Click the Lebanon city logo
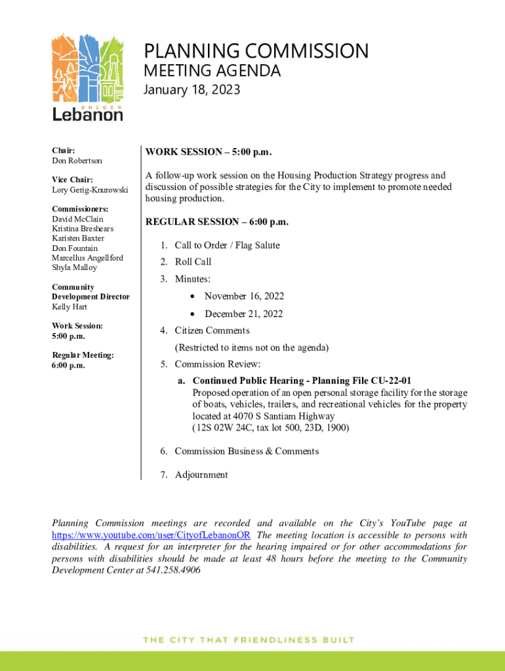[87, 77]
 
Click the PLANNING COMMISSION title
[256, 51]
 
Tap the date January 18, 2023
[192, 90]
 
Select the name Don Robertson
[77, 161]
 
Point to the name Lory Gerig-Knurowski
[91, 190]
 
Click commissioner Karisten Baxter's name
[78, 239]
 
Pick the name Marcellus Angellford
[87, 258]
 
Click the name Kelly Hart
[70, 307]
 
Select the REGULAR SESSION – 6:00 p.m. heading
[216, 221]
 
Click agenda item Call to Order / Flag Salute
[227, 245]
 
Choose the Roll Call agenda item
[193, 262]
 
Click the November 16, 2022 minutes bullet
[244, 297]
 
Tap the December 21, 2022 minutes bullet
[243, 314]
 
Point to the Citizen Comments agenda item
[212, 331]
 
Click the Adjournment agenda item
[201, 475]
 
